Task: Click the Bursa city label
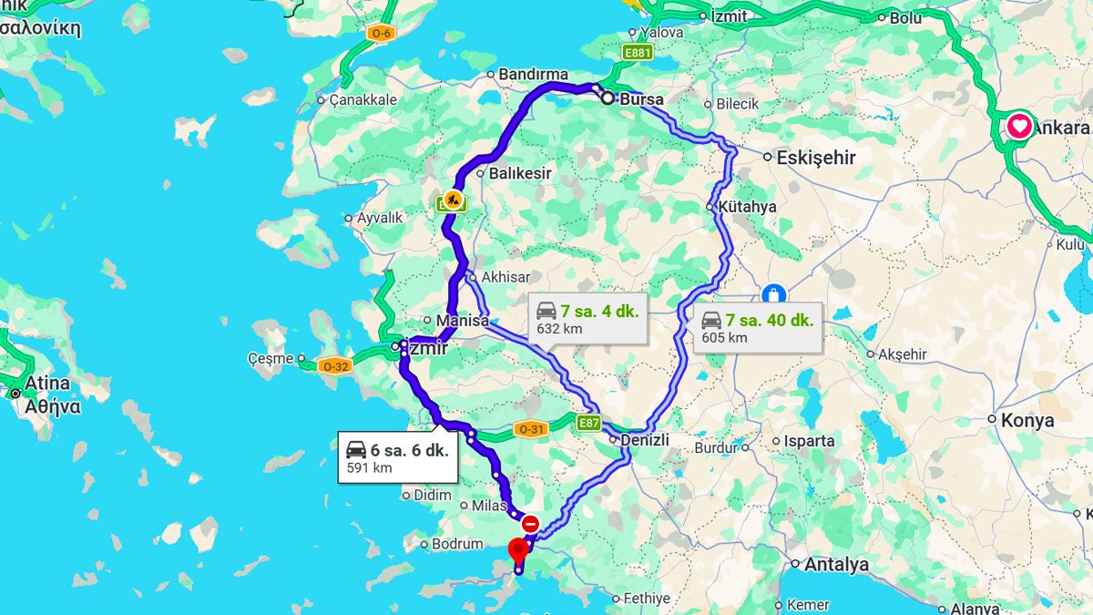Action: tap(641, 99)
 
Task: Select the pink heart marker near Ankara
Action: tap(1018, 126)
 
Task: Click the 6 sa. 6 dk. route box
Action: tap(398, 457)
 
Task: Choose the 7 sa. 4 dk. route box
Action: tap(587, 319)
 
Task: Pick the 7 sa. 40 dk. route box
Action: tap(758, 328)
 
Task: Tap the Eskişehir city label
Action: tap(815, 158)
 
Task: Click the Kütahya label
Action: tap(747, 207)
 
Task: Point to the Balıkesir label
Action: tap(520, 173)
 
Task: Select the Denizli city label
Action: tap(645, 440)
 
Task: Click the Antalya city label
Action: tap(836, 565)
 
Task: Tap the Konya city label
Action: tap(1027, 420)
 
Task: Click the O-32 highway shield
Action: tap(334, 366)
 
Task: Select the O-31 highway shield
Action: tap(530, 429)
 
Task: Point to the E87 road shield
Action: tap(588, 422)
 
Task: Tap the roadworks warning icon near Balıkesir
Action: tap(452, 200)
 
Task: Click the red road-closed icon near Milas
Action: tap(530, 525)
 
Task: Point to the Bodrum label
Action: tap(457, 544)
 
